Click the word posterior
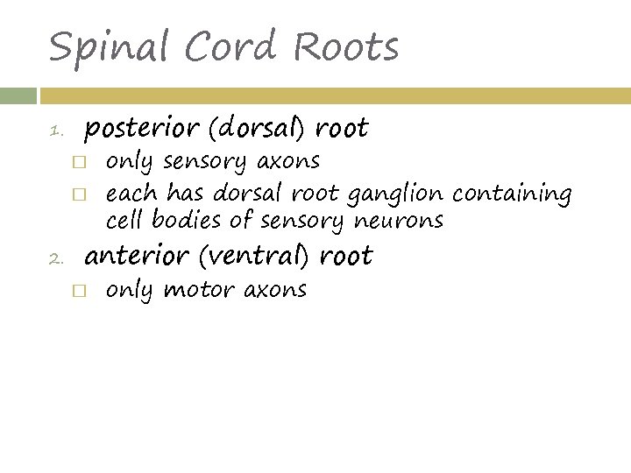click(x=141, y=130)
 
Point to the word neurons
click(x=399, y=220)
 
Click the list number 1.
click(x=55, y=133)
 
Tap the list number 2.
click(x=55, y=259)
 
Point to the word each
click(x=132, y=193)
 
